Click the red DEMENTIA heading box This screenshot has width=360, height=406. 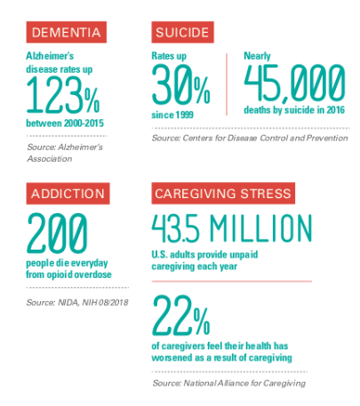pos(66,32)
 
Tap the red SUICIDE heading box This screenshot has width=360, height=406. pos(183,32)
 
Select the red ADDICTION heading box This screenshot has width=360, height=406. pos(68,194)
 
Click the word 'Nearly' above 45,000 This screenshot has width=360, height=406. pos(259,56)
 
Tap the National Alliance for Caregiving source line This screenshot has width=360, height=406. pos(228,382)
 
